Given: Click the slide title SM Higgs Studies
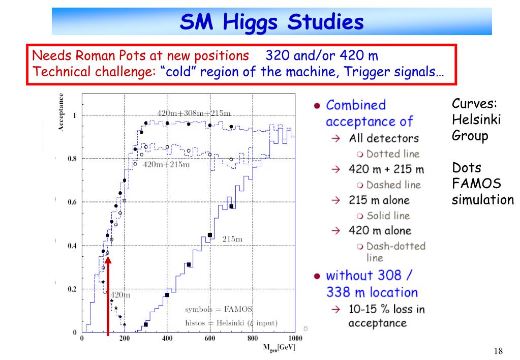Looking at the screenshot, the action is (x=271, y=22).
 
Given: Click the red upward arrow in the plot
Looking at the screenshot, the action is (x=108, y=295).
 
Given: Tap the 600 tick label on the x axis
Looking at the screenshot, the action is (x=209, y=338).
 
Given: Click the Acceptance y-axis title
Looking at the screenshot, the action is (x=60, y=112).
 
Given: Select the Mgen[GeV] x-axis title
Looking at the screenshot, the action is (x=279, y=348).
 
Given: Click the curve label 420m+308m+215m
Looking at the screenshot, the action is (x=194, y=113).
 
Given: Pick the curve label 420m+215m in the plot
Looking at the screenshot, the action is (x=167, y=164).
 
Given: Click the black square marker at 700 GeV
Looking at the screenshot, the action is (x=231, y=206).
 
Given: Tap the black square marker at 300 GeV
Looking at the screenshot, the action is (x=145, y=324).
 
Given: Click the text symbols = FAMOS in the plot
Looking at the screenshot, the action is (x=219, y=309).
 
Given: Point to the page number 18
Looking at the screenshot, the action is (x=498, y=351).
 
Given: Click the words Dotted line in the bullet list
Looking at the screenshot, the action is (x=393, y=154).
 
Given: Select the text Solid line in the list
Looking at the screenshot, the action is (x=388, y=216).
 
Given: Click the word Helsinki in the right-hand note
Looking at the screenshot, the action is (x=476, y=119).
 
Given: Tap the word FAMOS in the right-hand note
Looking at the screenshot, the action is (x=477, y=184).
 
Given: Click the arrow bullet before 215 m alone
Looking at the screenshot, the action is (x=335, y=200).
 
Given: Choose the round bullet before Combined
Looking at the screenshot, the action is (x=317, y=106).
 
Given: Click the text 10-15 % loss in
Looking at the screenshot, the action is (x=387, y=309).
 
